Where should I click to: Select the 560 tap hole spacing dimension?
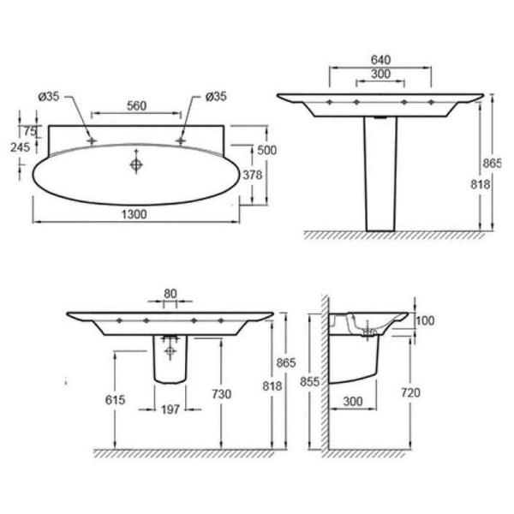click(x=136, y=105)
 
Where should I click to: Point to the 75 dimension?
click(x=29, y=131)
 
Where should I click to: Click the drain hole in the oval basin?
click(x=135, y=163)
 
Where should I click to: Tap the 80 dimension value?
click(x=170, y=293)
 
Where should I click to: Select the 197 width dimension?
click(x=170, y=410)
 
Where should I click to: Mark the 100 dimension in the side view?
click(x=425, y=320)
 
